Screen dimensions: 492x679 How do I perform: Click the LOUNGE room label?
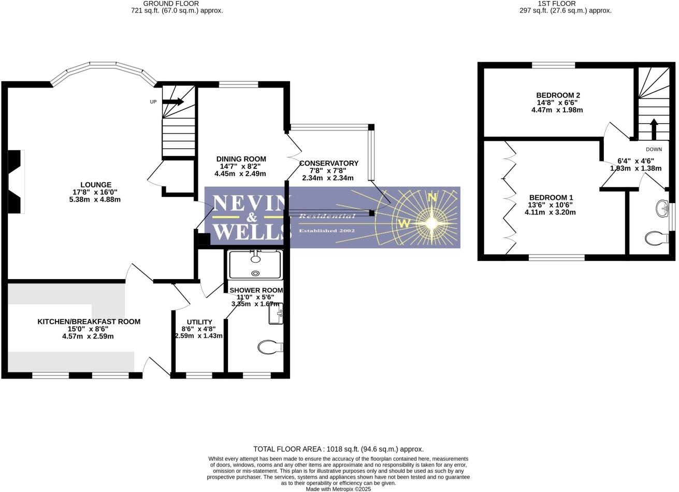point(96,185)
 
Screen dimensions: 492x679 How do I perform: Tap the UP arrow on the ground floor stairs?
point(173,102)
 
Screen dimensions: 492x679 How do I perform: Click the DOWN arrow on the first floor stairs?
point(654,129)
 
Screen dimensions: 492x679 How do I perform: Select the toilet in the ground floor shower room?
point(270,346)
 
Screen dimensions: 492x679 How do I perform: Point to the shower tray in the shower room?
point(255,265)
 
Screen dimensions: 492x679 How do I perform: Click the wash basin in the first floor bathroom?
point(662,209)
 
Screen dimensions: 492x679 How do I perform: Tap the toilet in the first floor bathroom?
point(656,238)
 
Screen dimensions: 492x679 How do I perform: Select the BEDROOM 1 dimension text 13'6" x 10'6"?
point(551,205)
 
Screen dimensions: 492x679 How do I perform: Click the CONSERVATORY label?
point(328,163)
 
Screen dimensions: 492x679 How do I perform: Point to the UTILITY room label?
point(199,322)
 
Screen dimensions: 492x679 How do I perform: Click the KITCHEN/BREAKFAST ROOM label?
point(89,322)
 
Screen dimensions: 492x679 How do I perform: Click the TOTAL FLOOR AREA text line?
point(338,449)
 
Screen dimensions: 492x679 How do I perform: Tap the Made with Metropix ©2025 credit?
point(338,489)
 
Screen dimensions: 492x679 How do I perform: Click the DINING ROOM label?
point(241,159)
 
